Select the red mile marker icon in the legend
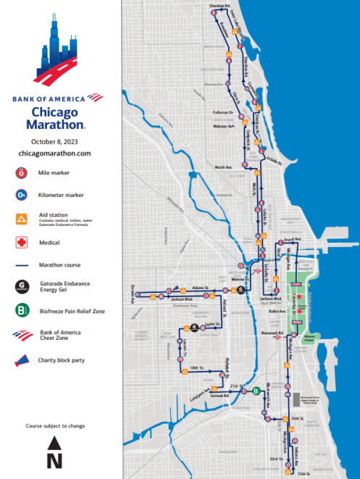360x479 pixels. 22,173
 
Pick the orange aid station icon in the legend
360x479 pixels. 22,219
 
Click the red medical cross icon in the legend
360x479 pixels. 22,243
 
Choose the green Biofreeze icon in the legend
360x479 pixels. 22,311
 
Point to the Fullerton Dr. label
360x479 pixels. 222,113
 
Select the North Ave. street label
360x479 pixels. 227,167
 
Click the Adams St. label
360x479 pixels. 199,288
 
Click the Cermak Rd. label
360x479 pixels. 219,396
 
